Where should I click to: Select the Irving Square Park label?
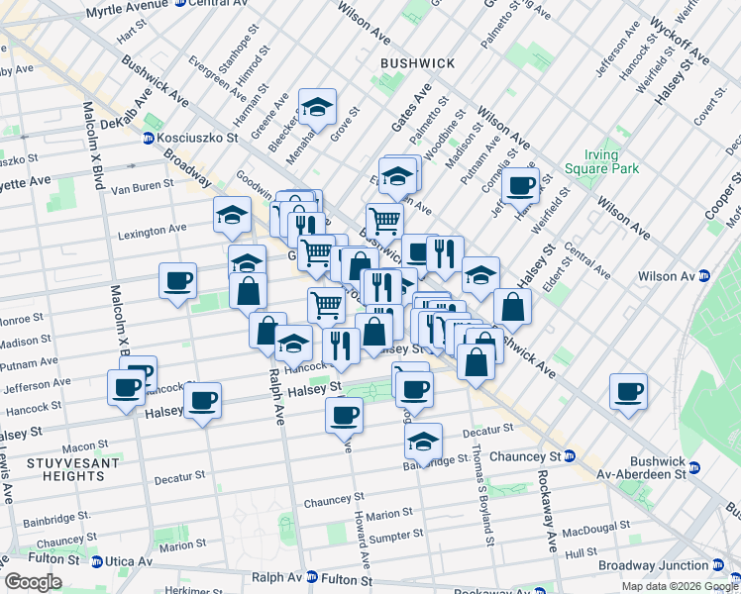(x=593, y=162)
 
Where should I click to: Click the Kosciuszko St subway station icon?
(x=150, y=138)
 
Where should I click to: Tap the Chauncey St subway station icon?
(x=570, y=456)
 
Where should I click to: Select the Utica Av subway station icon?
(x=97, y=561)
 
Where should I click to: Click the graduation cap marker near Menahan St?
(x=317, y=106)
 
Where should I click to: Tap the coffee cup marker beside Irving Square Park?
(x=519, y=184)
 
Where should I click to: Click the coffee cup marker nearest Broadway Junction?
(x=628, y=391)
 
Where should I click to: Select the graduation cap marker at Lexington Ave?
(x=232, y=215)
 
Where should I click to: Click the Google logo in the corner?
(x=32, y=582)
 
